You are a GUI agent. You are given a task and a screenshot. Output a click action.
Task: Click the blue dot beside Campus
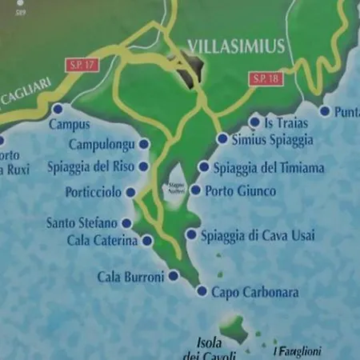click(58, 109)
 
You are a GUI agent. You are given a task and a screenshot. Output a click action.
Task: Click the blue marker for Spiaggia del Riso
click(144, 166)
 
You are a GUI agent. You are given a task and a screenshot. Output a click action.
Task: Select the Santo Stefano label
click(82, 222)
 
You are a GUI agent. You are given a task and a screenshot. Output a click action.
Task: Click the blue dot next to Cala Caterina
click(147, 240)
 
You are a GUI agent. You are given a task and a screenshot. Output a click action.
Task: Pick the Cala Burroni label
click(130, 277)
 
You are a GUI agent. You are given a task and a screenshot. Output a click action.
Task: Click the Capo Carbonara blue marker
click(202, 291)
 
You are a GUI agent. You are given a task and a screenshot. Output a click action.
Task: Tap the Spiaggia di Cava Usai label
click(258, 235)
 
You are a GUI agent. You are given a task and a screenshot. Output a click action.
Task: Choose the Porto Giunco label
click(240, 191)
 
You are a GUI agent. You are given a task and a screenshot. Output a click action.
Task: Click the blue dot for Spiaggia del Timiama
click(204, 167)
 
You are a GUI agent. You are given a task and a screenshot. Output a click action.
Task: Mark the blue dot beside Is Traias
click(254, 122)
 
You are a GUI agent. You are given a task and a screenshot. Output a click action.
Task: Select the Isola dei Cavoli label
click(209, 350)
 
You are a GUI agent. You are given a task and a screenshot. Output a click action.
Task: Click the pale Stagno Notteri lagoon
click(176, 190)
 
